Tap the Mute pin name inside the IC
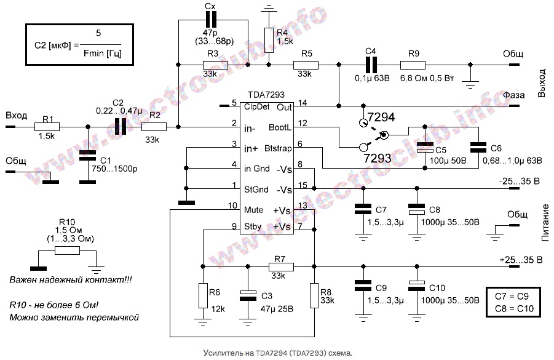click(x=254, y=210)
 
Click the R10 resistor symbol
click(x=66, y=250)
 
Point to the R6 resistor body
click(x=202, y=295)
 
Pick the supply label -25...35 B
click(x=520, y=181)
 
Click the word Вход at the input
click(x=17, y=116)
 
